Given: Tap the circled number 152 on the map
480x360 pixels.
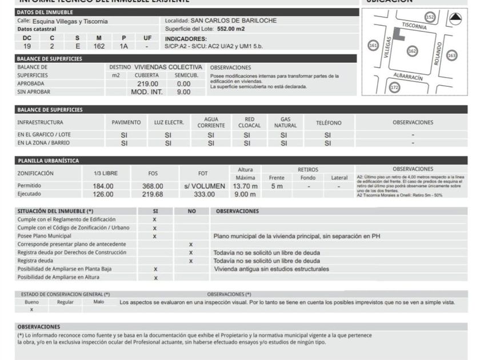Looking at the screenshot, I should pos(430,18).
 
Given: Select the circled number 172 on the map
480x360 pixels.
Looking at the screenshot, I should pos(394,87).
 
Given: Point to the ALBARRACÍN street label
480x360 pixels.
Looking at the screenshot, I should pos(407,76).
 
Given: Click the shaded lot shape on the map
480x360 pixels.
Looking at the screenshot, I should pos(401,34).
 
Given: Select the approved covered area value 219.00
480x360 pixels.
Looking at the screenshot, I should pos(148,83).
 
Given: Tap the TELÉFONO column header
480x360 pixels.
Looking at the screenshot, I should pos(329,122).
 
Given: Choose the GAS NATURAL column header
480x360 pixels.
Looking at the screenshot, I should pos(285,122).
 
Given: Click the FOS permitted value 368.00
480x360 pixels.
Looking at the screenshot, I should pos(153,186).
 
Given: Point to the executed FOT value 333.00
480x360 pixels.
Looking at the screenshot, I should pos(204,194).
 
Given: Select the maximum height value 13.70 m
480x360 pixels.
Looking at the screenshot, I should pos(245,186).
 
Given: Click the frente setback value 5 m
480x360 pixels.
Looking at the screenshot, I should pos(277,186).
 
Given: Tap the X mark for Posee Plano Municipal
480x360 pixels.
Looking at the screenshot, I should pos(154,236).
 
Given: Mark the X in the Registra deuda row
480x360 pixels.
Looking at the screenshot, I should pos(191,261).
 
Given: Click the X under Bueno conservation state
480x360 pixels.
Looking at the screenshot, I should pos(31,309).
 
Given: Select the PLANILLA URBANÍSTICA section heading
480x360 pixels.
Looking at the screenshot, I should pos(48,161).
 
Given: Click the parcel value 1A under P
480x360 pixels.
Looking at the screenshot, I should pos(123,46).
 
